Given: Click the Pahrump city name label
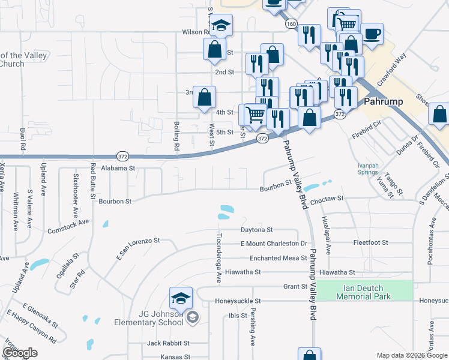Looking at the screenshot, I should tap(385, 101).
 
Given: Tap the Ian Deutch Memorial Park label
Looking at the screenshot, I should tap(363, 293).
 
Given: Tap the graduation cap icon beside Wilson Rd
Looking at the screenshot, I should tap(221, 26).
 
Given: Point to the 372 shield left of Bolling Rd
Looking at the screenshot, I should tap(122, 155).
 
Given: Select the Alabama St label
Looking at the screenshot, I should tap(118, 169).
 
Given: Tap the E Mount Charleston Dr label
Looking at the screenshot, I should tap(273, 244).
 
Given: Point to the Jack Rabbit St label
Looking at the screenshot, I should tap(168, 343).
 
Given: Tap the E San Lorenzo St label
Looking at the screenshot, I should tap(138, 248).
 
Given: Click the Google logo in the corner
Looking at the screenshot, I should tap(20, 353).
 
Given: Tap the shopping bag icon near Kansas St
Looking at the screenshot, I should tap(309, 355).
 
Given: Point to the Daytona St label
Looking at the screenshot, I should tap(257, 229).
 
